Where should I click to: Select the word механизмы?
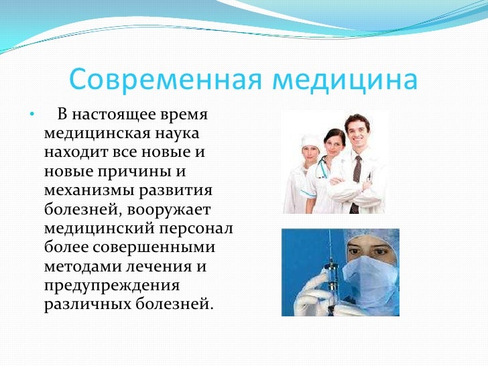point(89,190)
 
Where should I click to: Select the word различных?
point(82,304)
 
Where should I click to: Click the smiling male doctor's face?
point(356,132)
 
